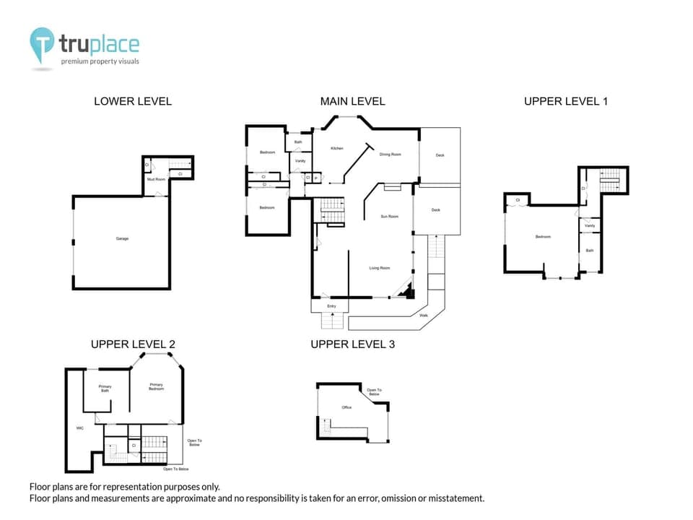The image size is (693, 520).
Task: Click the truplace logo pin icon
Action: pyautogui.click(x=42, y=45)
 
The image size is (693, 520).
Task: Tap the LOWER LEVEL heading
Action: pyautogui.click(x=133, y=101)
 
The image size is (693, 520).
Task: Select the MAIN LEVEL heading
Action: pyautogui.click(x=352, y=101)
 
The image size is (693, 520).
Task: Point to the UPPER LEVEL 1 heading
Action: pyautogui.click(x=565, y=101)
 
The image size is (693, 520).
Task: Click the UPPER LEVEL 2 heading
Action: pyautogui.click(x=133, y=344)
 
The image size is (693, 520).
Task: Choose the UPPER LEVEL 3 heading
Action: pyautogui.click(x=352, y=344)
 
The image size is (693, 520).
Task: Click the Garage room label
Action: pyautogui.click(x=122, y=238)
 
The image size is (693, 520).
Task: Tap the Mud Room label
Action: pyautogui.click(x=156, y=179)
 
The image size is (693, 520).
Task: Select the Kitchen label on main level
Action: pyautogui.click(x=336, y=149)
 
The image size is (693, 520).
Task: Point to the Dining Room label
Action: pyautogui.click(x=390, y=154)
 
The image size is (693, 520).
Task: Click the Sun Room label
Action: pyautogui.click(x=390, y=216)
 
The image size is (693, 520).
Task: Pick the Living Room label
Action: pyautogui.click(x=380, y=268)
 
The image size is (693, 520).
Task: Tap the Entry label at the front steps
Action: pyautogui.click(x=331, y=306)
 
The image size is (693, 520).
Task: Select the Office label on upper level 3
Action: pyautogui.click(x=346, y=407)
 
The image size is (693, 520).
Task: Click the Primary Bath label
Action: pyautogui.click(x=105, y=389)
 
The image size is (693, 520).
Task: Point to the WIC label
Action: pyautogui.click(x=80, y=428)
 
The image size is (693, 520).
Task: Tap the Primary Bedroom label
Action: pyautogui.click(x=156, y=386)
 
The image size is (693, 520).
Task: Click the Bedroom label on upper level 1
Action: pyautogui.click(x=543, y=236)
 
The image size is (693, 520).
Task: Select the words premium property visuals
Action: pyautogui.click(x=100, y=61)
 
